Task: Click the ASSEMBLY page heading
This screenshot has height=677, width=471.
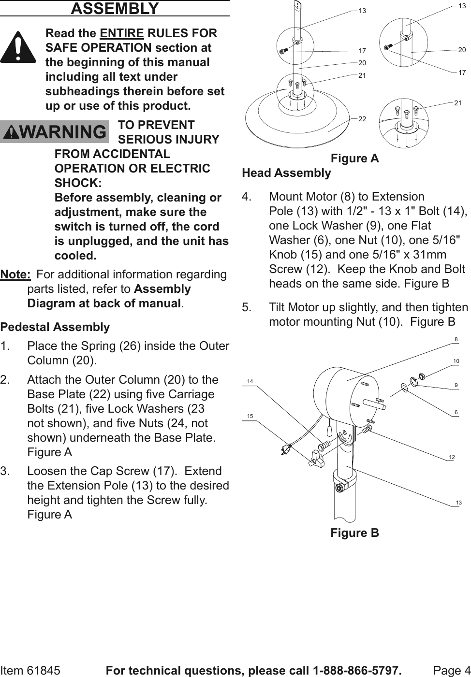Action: tap(115, 8)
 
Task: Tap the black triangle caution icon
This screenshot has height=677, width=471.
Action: tap(18, 47)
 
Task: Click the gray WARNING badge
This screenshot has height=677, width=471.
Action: tap(54, 132)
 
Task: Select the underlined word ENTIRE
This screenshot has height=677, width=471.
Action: tap(122, 33)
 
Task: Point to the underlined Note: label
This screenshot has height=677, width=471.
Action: tap(15, 274)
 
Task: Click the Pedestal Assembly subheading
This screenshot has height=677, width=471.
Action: tap(55, 327)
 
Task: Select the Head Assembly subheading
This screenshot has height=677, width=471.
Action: tap(286, 173)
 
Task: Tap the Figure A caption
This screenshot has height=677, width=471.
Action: tap(354, 158)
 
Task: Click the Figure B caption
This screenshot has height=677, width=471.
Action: tap(354, 533)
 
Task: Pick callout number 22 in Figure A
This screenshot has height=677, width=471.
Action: tap(362, 119)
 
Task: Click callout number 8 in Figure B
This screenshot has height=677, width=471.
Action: tap(456, 340)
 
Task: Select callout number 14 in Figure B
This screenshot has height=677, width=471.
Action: tap(250, 382)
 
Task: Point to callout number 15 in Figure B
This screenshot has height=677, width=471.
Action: tap(250, 416)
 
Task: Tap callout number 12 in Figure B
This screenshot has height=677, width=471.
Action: tap(452, 457)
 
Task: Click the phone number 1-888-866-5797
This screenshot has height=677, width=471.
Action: tap(357, 671)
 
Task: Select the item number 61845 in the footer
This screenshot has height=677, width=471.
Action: tap(44, 671)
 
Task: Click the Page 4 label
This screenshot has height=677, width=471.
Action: tap(452, 671)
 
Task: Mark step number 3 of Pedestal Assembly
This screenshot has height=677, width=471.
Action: tap(4, 471)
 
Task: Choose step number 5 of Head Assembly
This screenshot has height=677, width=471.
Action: tap(247, 307)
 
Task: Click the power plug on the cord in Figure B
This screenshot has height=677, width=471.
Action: tap(284, 451)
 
